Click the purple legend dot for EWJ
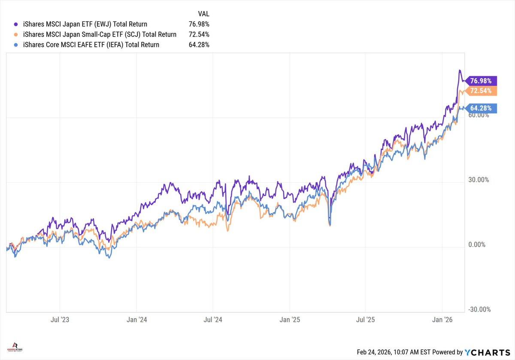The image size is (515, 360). click(x=16, y=24)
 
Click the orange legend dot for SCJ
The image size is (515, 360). click(x=16, y=34)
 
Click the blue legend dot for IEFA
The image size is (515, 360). click(x=16, y=45)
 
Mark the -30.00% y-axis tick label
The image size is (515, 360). click(x=477, y=309)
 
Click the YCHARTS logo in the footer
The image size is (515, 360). click(x=487, y=352)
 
